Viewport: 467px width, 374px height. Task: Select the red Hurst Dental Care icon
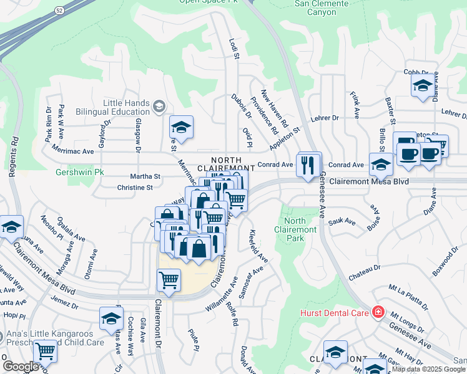(x=378, y=312)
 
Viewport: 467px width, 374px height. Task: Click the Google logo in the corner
(x=20, y=367)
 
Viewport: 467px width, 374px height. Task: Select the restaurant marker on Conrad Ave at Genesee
(x=308, y=166)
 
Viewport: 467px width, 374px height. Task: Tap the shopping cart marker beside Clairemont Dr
(x=169, y=280)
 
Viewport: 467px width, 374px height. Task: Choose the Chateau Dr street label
(x=365, y=267)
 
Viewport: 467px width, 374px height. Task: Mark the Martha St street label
(x=145, y=176)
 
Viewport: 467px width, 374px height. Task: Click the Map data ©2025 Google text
(x=428, y=369)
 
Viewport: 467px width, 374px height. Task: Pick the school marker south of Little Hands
(x=181, y=128)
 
